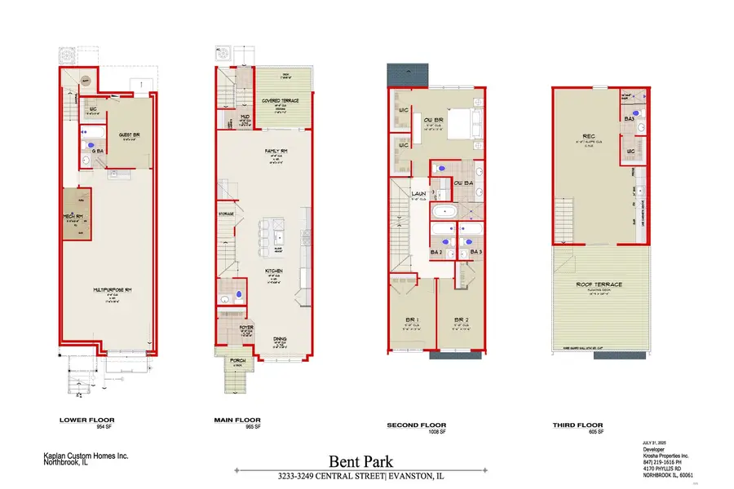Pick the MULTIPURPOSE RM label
(x=108, y=288)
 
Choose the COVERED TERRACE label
(x=281, y=101)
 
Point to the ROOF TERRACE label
(x=600, y=284)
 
